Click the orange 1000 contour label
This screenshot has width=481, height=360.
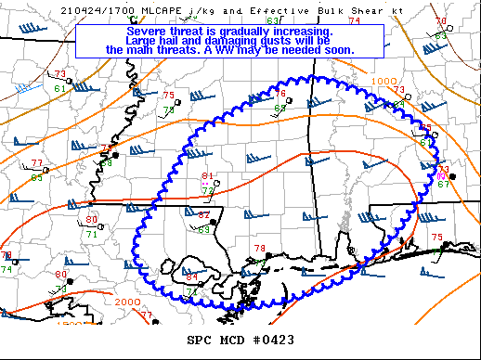(x=383, y=82)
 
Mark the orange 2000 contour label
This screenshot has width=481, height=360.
(x=128, y=302)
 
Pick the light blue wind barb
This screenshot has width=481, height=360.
(x=28, y=87)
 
